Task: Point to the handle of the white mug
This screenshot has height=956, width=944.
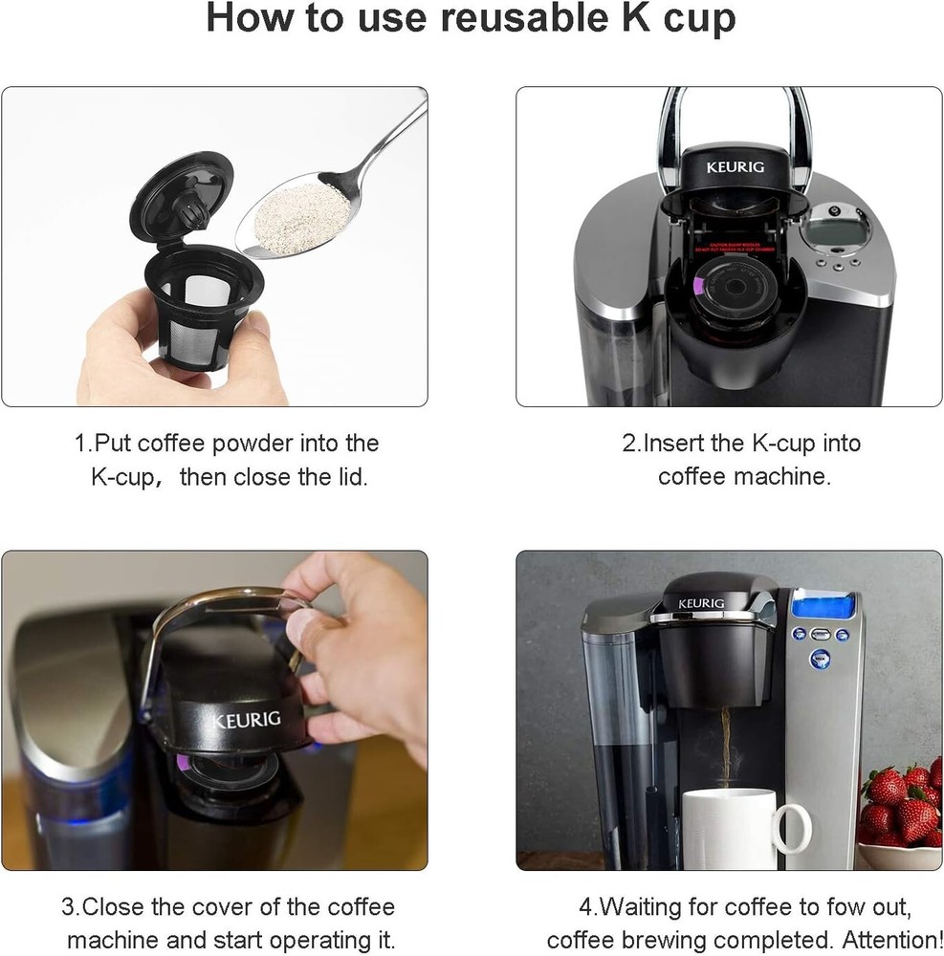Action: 793,828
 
